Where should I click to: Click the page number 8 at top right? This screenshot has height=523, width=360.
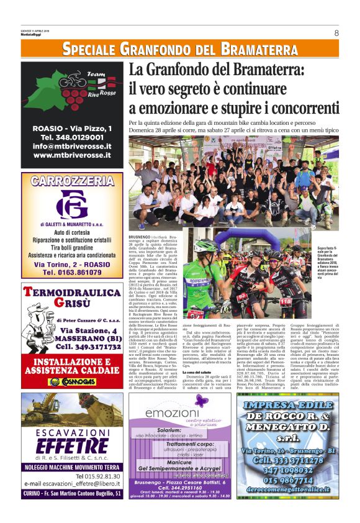336,33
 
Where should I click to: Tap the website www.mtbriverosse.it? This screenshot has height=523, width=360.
72,155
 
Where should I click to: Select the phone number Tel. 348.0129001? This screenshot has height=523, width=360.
72,137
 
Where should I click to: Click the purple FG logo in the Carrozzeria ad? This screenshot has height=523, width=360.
72,204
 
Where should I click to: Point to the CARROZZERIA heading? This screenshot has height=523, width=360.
72,181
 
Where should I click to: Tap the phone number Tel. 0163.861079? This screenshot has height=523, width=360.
72,271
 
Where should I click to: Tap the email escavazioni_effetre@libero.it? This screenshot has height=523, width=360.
72,483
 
